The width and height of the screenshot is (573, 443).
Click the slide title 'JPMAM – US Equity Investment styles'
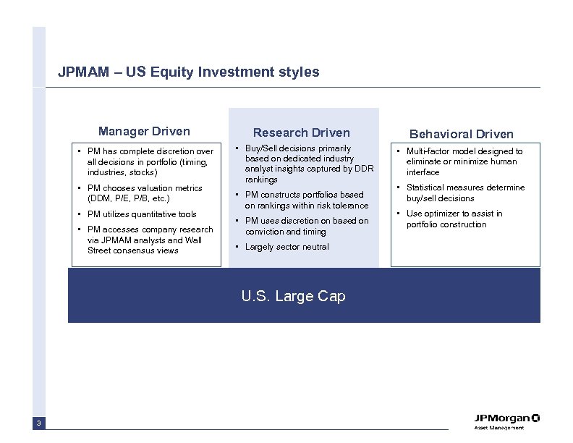click(x=188, y=72)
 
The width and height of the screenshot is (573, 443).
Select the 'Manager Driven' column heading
click(x=144, y=131)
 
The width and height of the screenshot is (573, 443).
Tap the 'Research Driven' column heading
click(x=301, y=132)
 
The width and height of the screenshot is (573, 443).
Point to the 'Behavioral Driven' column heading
click(x=462, y=134)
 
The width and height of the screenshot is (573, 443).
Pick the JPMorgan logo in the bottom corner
click(x=506, y=418)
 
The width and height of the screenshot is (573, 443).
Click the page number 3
click(x=39, y=423)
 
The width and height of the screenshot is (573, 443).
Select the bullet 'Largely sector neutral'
click(x=286, y=247)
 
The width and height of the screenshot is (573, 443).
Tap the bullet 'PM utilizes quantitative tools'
click(x=141, y=214)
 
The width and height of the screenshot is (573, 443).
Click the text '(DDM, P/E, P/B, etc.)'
click(x=127, y=198)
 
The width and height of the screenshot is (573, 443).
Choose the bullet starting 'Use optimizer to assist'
click(x=454, y=219)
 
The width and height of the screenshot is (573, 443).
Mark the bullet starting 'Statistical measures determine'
click(x=465, y=193)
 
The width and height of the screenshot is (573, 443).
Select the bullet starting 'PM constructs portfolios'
click(x=306, y=200)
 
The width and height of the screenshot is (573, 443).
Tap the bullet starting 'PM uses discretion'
click(x=306, y=226)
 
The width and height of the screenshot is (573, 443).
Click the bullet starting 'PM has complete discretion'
click(x=150, y=161)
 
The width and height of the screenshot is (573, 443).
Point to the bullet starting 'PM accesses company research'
click(x=150, y=240)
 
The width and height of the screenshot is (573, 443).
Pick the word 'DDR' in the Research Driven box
click(x=363, y=169)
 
